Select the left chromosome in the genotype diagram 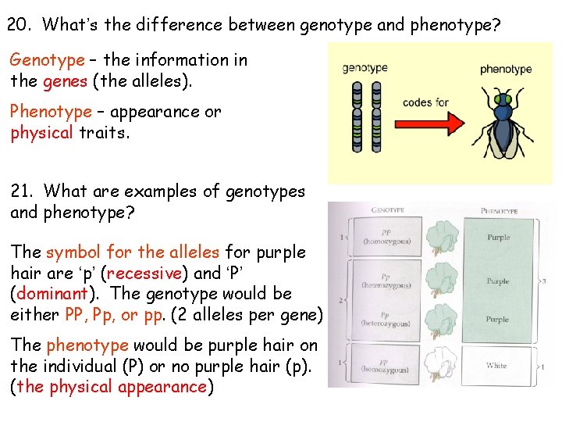[x=357, y=116]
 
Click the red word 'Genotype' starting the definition [x=47, y=60]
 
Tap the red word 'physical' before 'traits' [x=41, y=132]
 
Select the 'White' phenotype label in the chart [x=496, y=365]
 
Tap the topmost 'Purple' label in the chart [x=498, y=237]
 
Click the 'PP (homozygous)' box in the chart [x=386, y=237]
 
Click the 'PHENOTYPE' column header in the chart [x=499, y=210]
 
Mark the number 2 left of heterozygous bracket [x=340, y=299]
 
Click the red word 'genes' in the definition [x=59, y=80]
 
